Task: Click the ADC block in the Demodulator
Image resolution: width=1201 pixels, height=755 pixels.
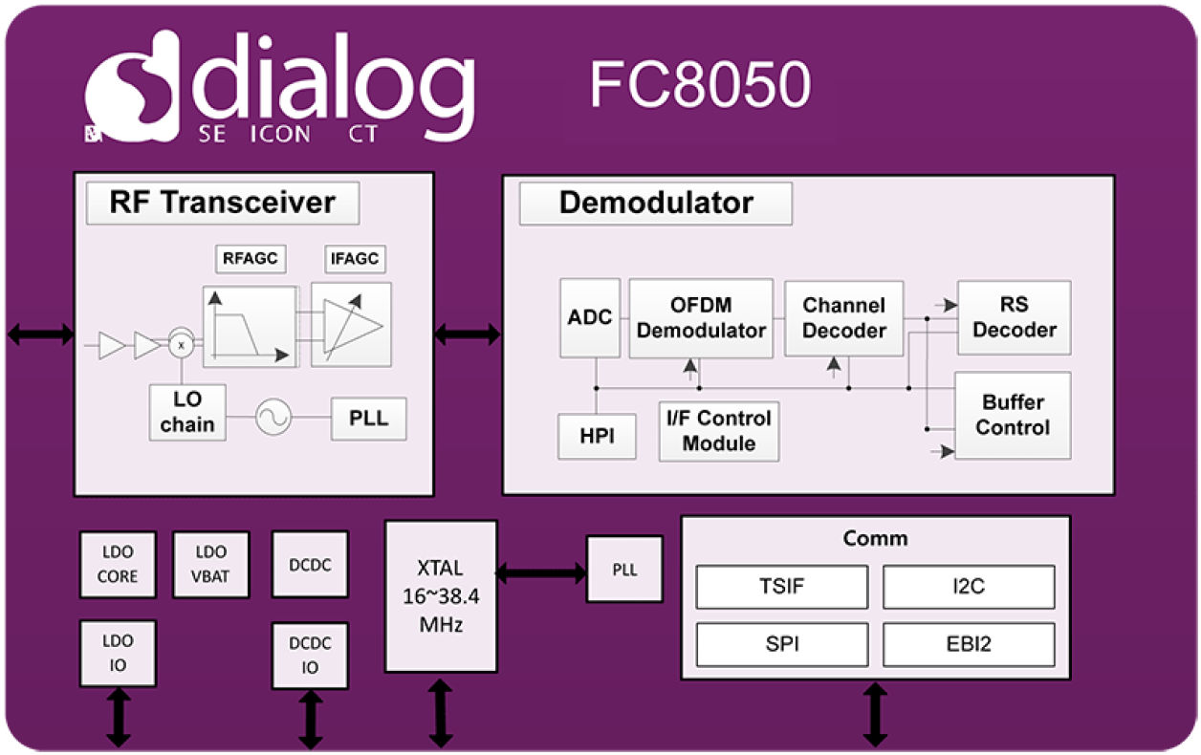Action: [x=590, y=318]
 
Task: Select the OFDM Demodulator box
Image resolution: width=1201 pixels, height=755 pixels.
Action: [x=701, y=318]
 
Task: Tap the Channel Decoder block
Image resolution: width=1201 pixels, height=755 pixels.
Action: [x=843, y=318]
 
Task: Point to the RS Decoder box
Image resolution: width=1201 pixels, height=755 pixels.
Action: [x=1014, y=317]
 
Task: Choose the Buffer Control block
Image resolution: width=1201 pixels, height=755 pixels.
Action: [x=1012, y=415]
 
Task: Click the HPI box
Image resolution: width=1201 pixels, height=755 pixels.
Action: [x=597, y=436]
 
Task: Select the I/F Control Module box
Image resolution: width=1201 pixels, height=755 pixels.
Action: [x=719, y=431]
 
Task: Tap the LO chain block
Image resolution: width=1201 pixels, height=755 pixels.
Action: [x=187, y=412]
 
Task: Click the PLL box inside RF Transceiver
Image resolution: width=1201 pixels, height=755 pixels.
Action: [x=368, y=419]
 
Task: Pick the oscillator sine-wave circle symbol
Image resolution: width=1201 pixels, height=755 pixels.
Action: [x=273, y=418]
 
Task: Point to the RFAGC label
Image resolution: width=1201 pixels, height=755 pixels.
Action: [x=251, y=258]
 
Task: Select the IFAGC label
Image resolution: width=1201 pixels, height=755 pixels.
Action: [x=354, y=258]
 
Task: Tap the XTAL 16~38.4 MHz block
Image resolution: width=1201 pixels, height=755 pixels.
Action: [x=441, y=596]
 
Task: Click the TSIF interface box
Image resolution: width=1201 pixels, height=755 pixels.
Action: [x=782, y=587]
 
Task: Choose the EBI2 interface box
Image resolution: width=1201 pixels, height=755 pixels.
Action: [x=969, y=644]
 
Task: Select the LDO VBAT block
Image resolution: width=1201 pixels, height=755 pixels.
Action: [x=210, y=565]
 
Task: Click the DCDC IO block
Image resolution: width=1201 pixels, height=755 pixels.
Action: [x=310, y=655]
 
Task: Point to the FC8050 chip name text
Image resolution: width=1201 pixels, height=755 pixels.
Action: [x=700, y=86]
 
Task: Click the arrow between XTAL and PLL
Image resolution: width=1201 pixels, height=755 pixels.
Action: [x=540, y=572]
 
